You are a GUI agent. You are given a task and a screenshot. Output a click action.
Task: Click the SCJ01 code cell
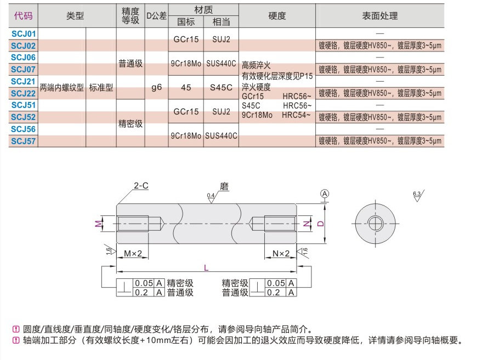pos(23,34)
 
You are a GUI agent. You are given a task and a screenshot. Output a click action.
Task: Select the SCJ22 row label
pos(23,93)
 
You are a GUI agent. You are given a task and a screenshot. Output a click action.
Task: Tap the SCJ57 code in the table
pos(23,141)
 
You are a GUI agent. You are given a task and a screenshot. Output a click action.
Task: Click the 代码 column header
pos(23,16)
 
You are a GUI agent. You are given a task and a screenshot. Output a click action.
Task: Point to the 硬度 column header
pos(277,16)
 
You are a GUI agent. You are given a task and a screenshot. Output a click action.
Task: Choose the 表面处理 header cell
pos(379,16)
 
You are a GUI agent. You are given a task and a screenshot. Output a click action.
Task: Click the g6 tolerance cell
pos(156,87)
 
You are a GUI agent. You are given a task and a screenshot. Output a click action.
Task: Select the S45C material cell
pos(221,87)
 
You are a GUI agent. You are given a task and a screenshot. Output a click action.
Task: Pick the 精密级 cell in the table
pos(130,124)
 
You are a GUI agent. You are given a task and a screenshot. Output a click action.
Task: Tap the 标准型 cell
pos(101,87)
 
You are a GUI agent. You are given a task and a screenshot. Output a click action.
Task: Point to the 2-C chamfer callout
pos(141,186)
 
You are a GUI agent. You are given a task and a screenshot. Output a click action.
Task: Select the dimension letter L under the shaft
pos(206,268)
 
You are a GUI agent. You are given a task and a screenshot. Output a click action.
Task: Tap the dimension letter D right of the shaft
pos(321,223)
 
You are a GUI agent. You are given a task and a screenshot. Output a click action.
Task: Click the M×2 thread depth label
pos(133,253)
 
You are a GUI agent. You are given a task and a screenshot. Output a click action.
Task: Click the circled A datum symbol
pos(325,194)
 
